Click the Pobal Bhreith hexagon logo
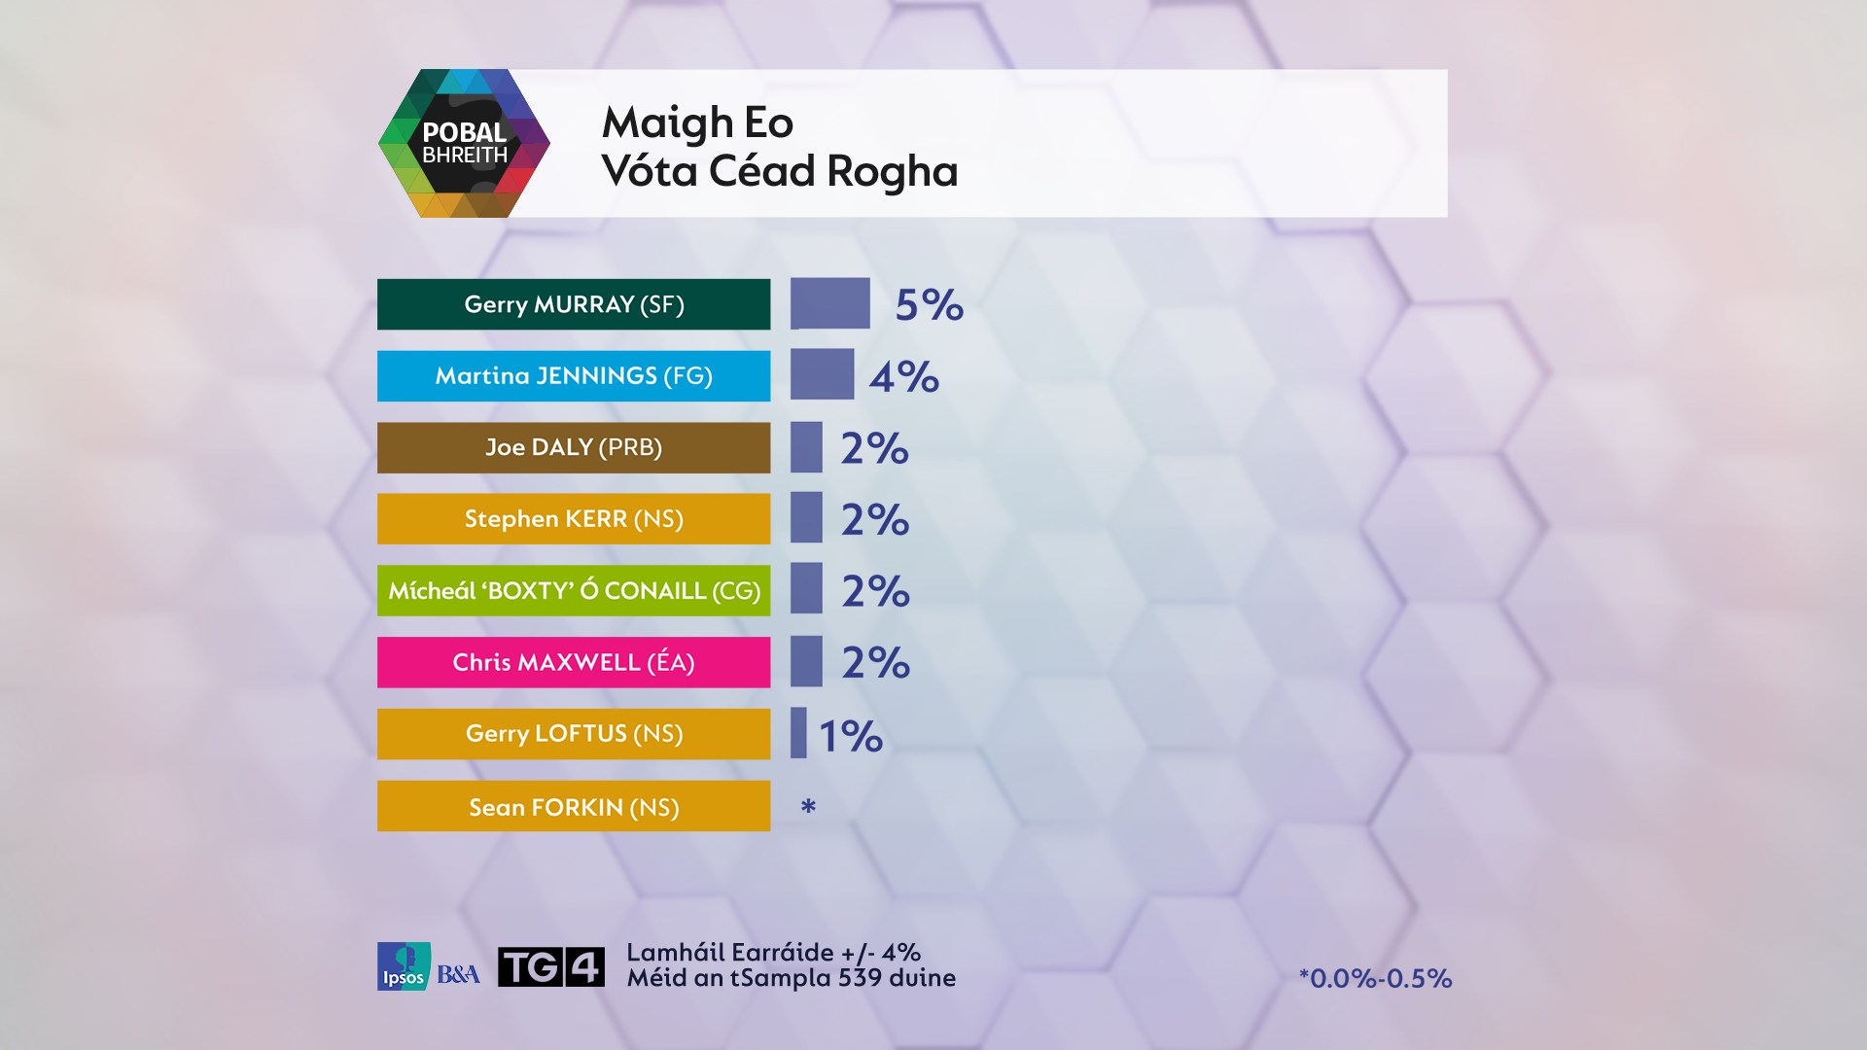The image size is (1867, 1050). pyautogui.click(x=464, y=143)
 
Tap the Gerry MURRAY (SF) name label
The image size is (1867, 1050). pyautogui.click(x=574, y=304)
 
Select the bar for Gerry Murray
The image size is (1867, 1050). pyautogui.click(x=829, y=303)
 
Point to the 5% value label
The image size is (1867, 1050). pyautogui.click(x=929, y=305)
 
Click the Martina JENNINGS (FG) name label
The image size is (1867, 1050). pyautogui.click(x=574, y=376)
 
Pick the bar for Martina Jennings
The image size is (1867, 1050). pyautogui.click(x=822, y=374)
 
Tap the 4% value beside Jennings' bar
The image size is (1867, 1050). pyautogui.click(x=903, y=377)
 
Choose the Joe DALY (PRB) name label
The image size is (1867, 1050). pyautogui.click(x=574, y=447)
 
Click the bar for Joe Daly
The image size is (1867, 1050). pyautogui.click(x=806, y=447)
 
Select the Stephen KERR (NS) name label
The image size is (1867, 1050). pyautogui.click(x=574, y=519)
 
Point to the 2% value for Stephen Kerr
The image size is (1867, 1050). pyautogui.click(x=874, y=520)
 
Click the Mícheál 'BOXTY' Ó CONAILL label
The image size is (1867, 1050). pyautogui.click(x=574, y=590)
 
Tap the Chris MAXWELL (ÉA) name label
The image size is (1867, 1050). pyautogui.click(x=574, y=662)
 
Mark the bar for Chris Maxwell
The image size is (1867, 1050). pyautogui.click(x=806, y=661)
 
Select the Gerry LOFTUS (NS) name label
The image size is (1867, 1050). pyautogui.click(x=574, y=734)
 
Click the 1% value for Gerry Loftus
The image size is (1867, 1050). pyautogui.click(x=850, y=736)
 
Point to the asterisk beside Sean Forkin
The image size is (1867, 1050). pyautogui.click(x=808, y=806)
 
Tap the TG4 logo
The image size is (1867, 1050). pyautogui.click(x=550, y=966)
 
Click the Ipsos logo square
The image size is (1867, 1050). pyautogui.click(x=404, y=966)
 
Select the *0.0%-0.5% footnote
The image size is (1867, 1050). pyautogui.click(x=1375, y=978)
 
